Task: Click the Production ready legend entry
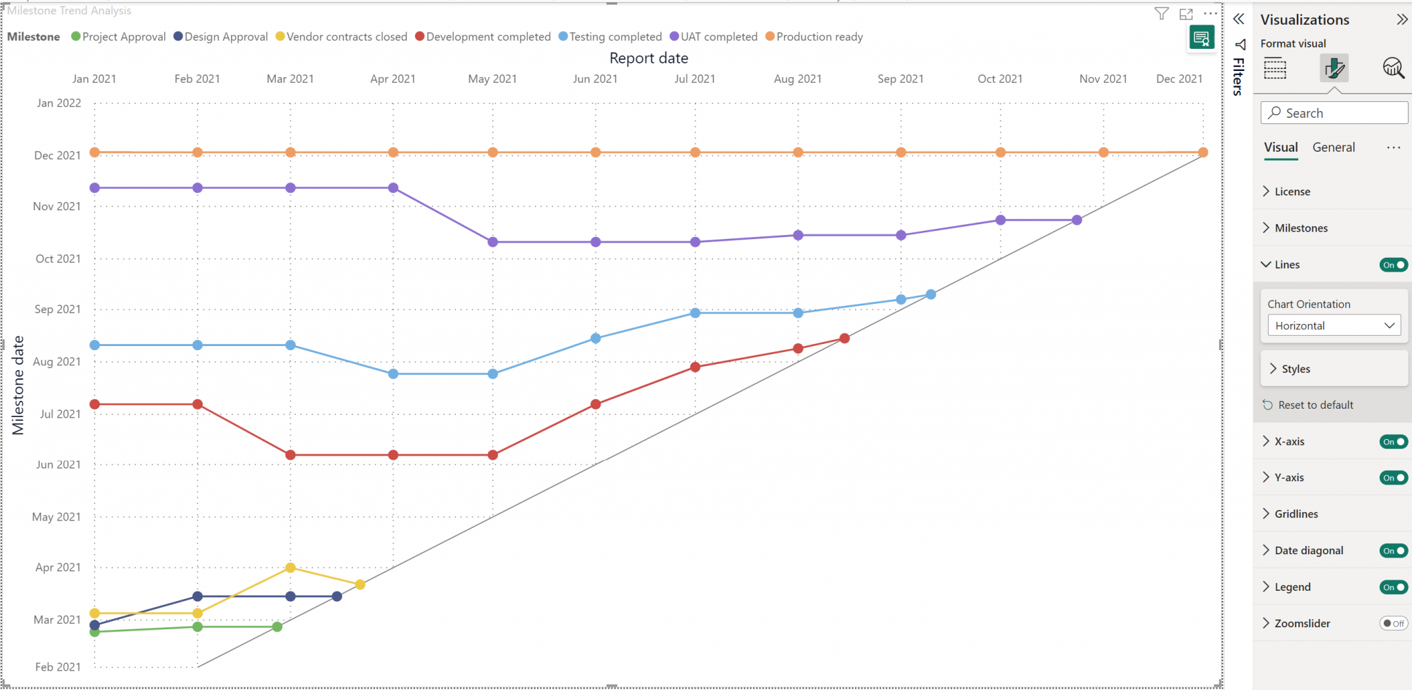pyautogui.click(x=818, y=37)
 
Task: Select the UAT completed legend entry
pyautogui.click(x=718, y=37)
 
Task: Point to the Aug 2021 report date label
pyautogui.click(x=798, y=79)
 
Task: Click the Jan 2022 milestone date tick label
pyautogui.click(x=59, y=103)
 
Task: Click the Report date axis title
pyautogui.click(x=649, y=58)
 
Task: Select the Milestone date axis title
pyautogui.click(x=18, y=385)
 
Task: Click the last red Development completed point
pyautogui.click(x=845, y=338)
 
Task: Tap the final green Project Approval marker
pyautogui.click(x=277, y=627)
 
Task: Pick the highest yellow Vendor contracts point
pyautogui.click(x=290, y=567)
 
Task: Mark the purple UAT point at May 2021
pyautogui.click(x=493, y=242)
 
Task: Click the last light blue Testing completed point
pyautogui.click(x=931, y=294)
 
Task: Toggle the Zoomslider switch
pyautogui.click(x=1393, y=623)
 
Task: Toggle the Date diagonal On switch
pyautogui.click(x=1393, y=550)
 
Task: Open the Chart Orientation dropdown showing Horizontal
pyautogui.click(x=1334, y=325)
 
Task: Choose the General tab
pyautogui.click(x=1333, y=147)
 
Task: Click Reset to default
pyautogui.click(x=1315, y=405)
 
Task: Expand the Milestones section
pyautogui.click(x=1300, y=228)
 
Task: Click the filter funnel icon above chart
pyautogui.click(x=1162, y=14)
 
